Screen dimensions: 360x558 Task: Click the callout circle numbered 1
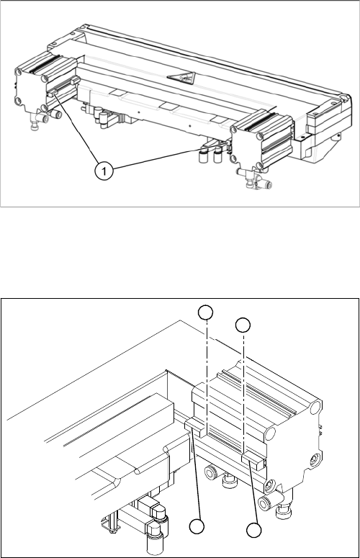coord(104,171)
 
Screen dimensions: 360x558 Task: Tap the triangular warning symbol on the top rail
coord(182,78)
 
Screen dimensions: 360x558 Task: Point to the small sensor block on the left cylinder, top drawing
coord(53,93)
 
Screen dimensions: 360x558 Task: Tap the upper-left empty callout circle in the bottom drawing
coord(206,312)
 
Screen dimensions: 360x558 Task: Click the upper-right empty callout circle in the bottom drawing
coord(243,325)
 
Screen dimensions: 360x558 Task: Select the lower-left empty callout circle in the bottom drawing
coord(197,527)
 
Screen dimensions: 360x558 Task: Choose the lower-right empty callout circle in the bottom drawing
coord(254,530)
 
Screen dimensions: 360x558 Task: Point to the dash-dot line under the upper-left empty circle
coord(207,373)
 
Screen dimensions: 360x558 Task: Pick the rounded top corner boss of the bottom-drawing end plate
coord(316,407)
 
